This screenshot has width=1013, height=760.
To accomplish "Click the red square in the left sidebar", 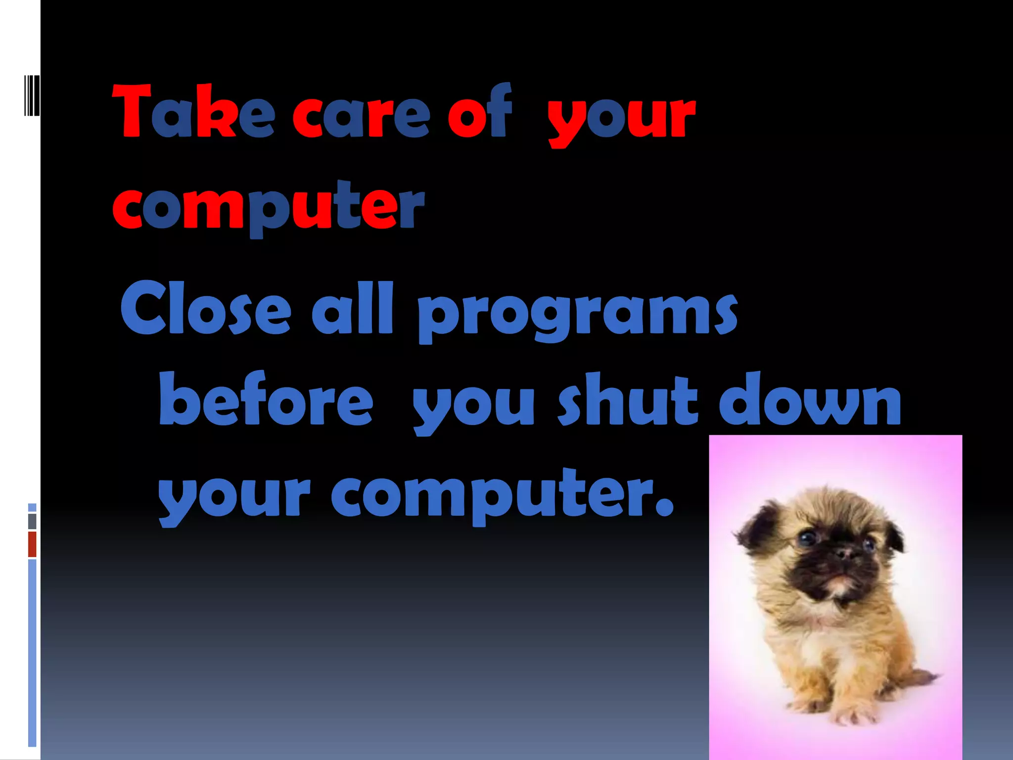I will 32,544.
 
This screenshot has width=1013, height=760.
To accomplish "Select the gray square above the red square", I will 32,521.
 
